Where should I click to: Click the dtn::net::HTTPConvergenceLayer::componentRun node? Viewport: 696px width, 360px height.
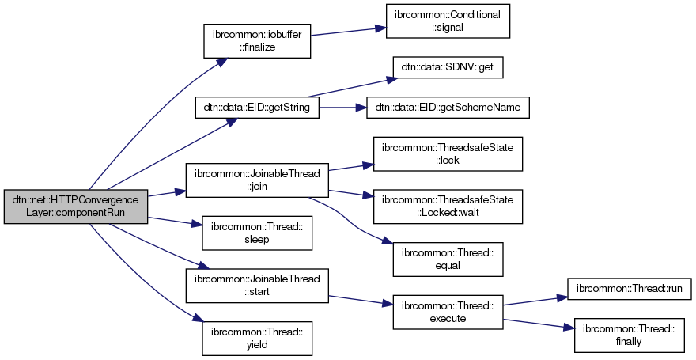76,207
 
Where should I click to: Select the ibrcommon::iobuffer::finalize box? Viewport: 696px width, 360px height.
257,41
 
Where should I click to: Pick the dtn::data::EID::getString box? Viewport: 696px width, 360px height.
257,108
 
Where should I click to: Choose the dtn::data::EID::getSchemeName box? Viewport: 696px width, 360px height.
448,108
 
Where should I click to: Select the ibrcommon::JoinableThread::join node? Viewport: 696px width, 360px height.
257,181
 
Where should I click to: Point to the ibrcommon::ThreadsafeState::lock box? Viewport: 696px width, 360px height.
448,153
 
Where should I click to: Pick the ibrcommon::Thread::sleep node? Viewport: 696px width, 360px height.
257,234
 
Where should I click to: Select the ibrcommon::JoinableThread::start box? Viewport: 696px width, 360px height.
257,286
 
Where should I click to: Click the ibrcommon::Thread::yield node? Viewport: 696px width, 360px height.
257,336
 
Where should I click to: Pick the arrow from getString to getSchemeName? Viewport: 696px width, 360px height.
342,108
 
